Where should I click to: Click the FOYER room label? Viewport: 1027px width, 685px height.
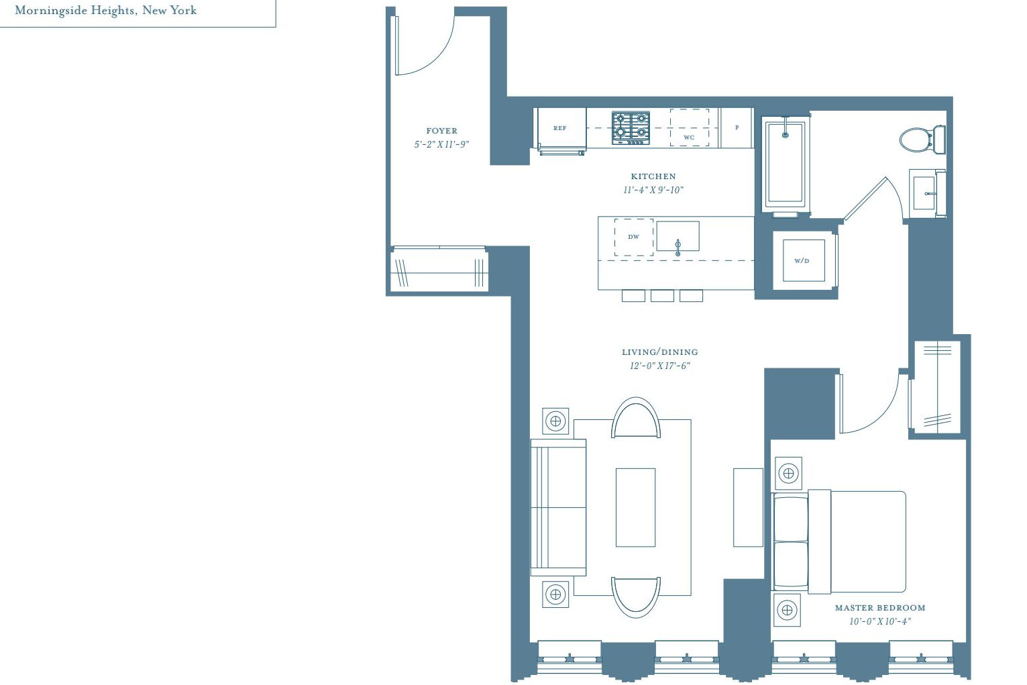coord(441,131)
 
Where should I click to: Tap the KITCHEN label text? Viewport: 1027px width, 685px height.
coord(653,176)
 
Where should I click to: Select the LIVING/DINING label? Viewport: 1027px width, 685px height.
coord(660,352)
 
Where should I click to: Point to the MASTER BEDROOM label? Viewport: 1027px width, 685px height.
coord(880,608)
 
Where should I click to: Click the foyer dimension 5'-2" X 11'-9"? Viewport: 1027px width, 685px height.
coord(441,144)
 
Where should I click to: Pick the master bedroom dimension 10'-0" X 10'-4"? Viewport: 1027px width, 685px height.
coord(880,621)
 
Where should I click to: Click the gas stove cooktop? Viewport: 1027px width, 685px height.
coord(631,128)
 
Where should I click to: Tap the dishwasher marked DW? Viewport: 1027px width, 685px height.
coord(634,237)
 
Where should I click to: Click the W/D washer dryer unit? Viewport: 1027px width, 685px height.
coord(804,260)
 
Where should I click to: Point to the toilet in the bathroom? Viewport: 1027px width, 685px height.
coord(922,140)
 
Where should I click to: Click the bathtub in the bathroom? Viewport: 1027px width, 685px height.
coord(786,164)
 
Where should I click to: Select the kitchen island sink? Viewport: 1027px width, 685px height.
coord(678,237)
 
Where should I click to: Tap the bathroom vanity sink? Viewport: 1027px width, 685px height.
coord(927,193)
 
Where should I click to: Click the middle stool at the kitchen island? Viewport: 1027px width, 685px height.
coord(662,296)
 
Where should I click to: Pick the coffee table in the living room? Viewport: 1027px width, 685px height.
coord(635,507)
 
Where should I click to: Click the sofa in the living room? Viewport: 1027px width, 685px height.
coord(558,507)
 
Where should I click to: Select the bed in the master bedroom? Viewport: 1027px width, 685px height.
coord(839,541)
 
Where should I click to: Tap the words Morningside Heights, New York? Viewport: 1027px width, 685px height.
coord(105,11)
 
